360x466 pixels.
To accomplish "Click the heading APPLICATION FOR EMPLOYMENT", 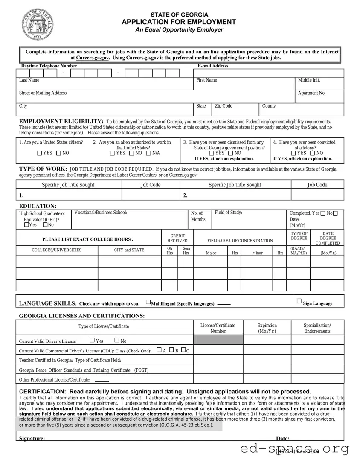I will pyautogui.click(x=179, y=22).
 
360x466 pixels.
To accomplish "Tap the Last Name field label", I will pyautogui.click(x=29, y=80).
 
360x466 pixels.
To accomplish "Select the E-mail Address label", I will pyautogui.click(x=213, y=66).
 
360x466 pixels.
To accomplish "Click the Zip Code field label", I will pyautogui.click(x=224, y=106).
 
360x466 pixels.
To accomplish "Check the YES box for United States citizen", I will pyautogui.click(x=40, y=153).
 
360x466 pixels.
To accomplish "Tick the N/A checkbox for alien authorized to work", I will pyautogui.click(x=148, y=153).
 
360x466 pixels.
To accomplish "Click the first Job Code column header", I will pyautogui.click(x=151, y=185).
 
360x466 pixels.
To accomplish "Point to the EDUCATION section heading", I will pyautogui.click(x=38, y=206).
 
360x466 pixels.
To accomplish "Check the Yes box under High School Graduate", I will pyautogui.click(x=26, y=225).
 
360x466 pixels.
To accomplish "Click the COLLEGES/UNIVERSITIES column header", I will pyautogui.click(x=57, y=250).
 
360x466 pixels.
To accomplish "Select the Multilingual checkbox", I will pyautogui.click(x=148, y=303).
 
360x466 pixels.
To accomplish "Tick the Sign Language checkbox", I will pyautogui.click(x=299, y=301).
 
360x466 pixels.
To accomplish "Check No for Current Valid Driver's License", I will pyautogui.click(x=116, y=340).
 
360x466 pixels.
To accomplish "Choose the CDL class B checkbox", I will pyautogui.click(x=171, y=350).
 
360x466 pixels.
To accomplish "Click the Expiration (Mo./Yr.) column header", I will pyautogui.click(x=267, y=328).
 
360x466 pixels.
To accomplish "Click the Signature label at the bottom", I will pyautogui.click(x=32, y=438).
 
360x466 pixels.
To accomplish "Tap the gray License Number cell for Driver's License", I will pyautogui.click(x=218, y=340).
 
